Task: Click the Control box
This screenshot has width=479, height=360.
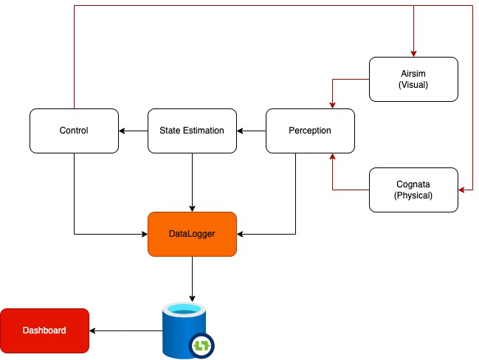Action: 74,131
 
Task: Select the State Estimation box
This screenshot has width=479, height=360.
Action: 192,131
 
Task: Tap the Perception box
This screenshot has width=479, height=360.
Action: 310,131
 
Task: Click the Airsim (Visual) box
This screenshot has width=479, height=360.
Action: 413,79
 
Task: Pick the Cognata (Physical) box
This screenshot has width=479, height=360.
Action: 413,190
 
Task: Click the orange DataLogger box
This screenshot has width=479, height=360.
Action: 192,234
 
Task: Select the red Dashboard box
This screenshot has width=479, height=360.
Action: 44,330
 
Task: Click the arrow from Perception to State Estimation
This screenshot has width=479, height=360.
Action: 251,131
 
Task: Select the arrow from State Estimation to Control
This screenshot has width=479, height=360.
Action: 133,131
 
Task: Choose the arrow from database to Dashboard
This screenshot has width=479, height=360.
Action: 125,330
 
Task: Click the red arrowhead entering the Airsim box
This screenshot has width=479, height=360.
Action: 413,53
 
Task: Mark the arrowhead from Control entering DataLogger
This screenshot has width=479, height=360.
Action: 144,234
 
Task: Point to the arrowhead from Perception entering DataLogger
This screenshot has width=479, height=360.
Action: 241,234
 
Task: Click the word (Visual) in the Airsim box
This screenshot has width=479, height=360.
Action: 413,85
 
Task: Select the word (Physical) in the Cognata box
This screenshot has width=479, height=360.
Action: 413,195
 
